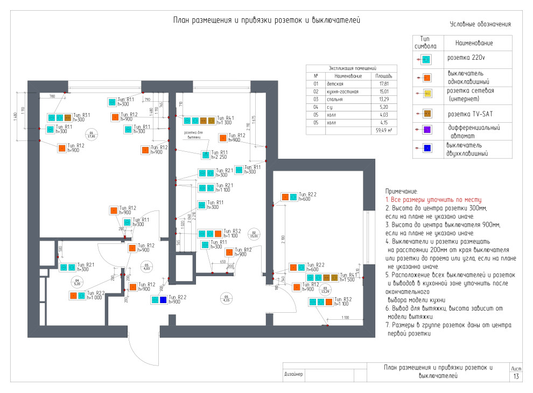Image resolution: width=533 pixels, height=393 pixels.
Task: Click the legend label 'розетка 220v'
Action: [466, 58]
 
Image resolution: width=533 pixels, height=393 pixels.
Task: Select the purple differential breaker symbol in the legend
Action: [426, 130]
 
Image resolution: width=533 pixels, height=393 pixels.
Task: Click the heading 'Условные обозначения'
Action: [480, 24]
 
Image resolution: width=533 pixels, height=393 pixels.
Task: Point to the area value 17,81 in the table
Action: [384, 84]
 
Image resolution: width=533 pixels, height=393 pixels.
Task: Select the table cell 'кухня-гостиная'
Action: [342, 92]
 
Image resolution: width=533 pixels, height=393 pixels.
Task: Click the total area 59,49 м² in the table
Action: [383, 130]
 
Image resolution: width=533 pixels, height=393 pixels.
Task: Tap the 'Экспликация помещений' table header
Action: [352, 69]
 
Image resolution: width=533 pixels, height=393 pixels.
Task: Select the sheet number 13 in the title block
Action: [516, 376]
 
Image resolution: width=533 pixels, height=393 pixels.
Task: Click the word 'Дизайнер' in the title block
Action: [294, 374]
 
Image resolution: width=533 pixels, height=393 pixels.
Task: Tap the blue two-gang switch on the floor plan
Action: [163, 300]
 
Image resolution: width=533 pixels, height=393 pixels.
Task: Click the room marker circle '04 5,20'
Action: [77, 282]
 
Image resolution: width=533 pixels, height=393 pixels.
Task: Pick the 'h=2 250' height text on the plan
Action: [219, 157]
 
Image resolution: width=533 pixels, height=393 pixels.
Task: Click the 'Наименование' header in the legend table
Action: [474, 43]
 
